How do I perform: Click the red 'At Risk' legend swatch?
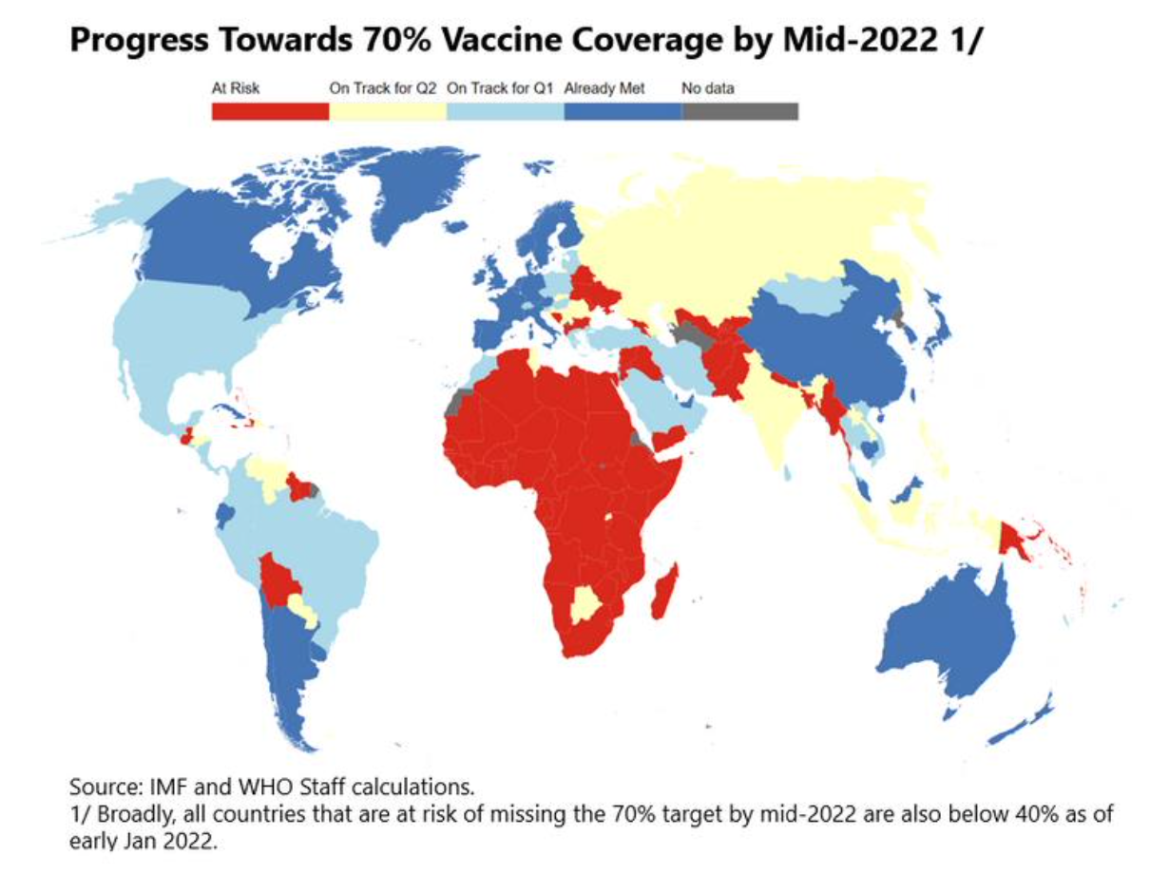click(x=270, y=111)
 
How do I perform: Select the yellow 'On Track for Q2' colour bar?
click(x=388, y=111)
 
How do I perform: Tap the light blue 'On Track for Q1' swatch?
click(x=505, y=111)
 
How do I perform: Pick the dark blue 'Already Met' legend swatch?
click(x=623, y=111)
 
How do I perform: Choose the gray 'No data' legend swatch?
click(x=739, y=111)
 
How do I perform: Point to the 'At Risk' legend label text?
click(x=229, y=89)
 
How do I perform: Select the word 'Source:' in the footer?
click(x=100, y=788)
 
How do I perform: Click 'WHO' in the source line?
click(x=234, y=788)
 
